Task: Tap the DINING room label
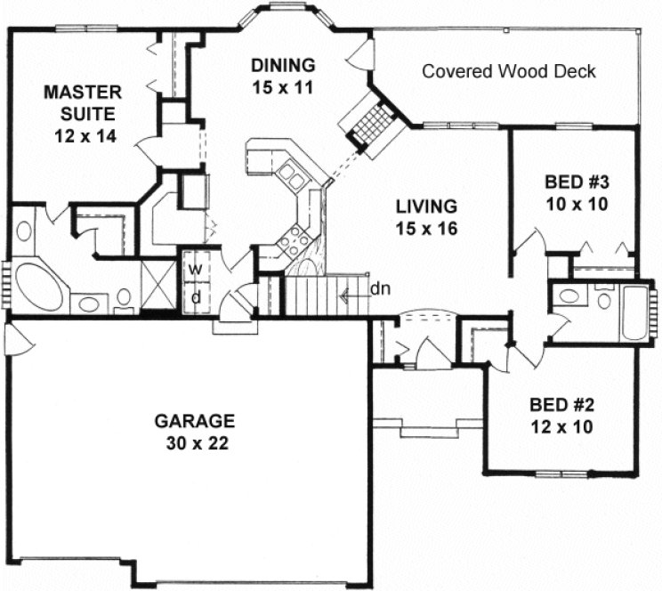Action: pyautogui.click(x=283, y=65)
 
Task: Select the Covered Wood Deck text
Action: pyautogui.click(x=508, y=70)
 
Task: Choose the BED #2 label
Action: pyautogui.click(x=559, y=404)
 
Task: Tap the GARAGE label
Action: pyautogui.click(x=193, y=420)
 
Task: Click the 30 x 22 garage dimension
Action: pyautogui.click(x=193, y=442)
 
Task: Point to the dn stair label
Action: pyautogui.click(x=379, y=287)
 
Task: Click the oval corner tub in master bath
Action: pyautogui.click(x=37, y=284)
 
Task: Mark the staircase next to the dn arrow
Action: pyautogui.click(x=326, y=295)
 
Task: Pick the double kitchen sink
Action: pyautogui.click(x=291, y=173)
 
